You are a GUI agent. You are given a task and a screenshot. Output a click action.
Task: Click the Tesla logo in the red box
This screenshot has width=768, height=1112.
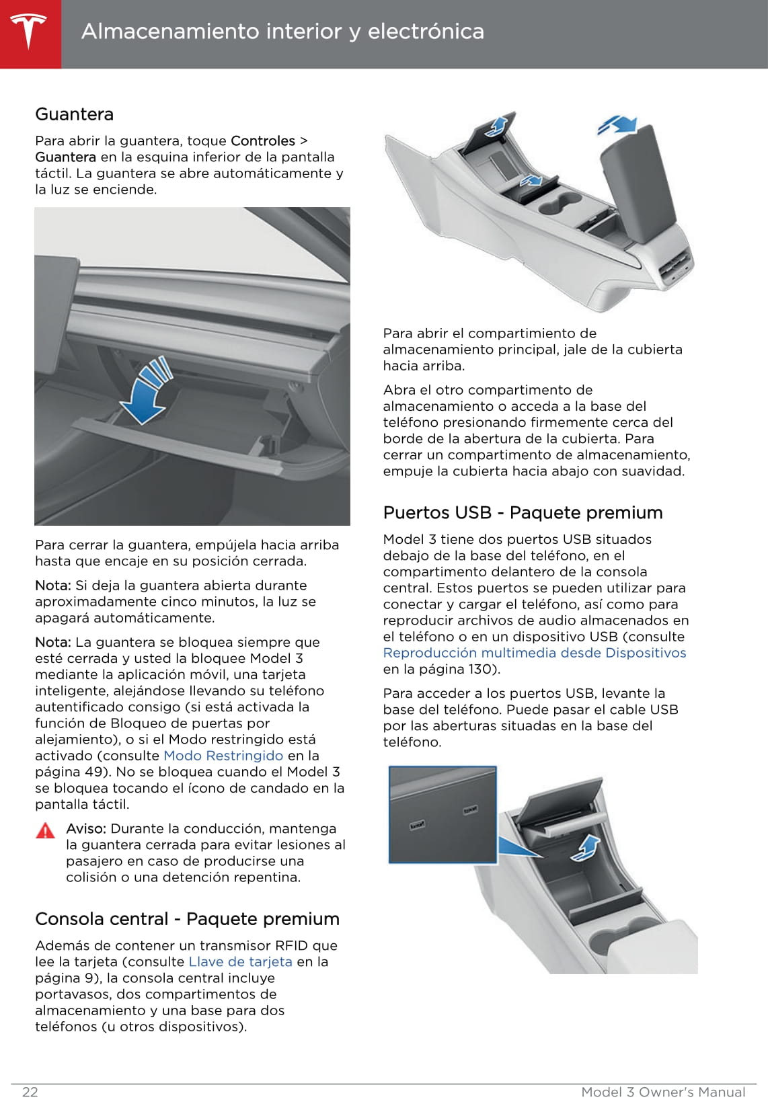[29, 31]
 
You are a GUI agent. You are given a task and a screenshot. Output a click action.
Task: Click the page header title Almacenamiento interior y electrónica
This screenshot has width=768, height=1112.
[282, 32]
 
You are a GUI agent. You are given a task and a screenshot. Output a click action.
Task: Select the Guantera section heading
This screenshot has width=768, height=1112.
[74, 114]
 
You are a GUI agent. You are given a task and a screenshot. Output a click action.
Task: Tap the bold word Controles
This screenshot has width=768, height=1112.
[262, 141]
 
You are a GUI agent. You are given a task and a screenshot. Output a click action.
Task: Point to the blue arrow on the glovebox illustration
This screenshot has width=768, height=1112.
[147, 393]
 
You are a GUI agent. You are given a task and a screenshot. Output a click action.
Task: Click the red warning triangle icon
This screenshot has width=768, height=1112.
[45, 831]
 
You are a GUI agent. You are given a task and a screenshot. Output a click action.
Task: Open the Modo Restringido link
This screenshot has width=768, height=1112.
[223, 756]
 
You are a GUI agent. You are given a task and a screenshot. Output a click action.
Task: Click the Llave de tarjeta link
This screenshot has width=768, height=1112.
[240, 961]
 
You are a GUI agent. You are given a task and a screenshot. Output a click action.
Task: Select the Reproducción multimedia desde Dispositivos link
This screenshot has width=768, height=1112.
[535, 653]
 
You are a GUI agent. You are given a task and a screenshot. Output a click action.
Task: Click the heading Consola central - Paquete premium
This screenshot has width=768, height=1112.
[187, 919]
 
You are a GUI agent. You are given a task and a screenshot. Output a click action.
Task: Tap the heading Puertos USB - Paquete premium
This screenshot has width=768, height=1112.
[523, 513]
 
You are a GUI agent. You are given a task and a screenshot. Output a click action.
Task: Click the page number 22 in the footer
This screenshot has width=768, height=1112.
[30, 1092]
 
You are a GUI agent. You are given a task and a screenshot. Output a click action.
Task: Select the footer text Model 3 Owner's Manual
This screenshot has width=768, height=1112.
[663, 1092]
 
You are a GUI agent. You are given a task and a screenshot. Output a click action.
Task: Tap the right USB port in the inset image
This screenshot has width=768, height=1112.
[470, 810]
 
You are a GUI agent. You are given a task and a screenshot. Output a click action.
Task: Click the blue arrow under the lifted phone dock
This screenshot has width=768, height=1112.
[584, 848]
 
